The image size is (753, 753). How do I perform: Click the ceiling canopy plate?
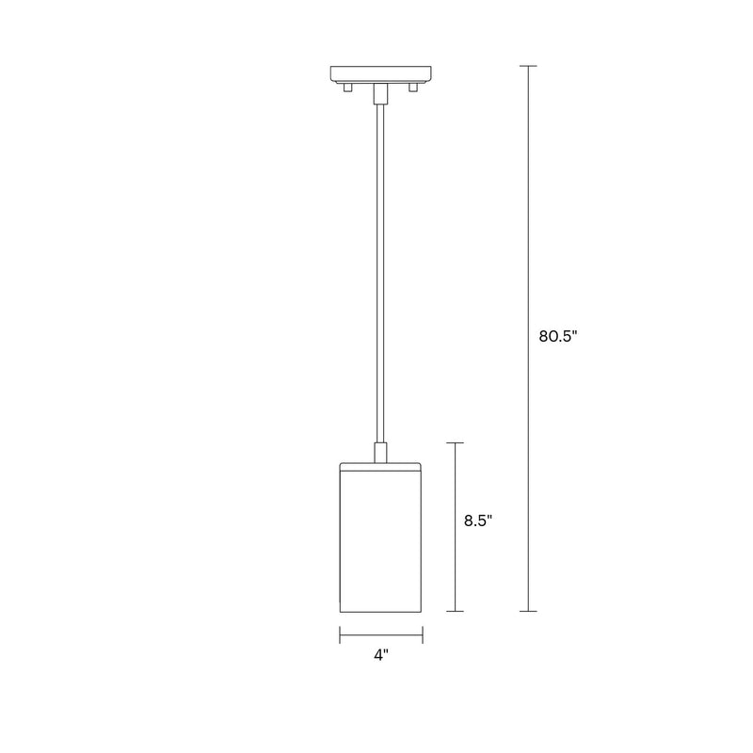click(380, 72)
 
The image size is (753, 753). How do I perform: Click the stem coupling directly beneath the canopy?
click(380, 92)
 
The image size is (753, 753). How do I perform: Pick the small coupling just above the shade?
click(380, 452)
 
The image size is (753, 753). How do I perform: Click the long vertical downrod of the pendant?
click(380, 273)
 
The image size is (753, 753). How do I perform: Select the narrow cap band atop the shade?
click(380, 465)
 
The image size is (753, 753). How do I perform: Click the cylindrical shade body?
click(380, 541)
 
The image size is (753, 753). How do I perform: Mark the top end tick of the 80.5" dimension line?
click(528, 66)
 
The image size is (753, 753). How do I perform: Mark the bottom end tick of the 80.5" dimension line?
click(528, 611)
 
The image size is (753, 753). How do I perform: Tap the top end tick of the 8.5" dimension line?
click(456, 442)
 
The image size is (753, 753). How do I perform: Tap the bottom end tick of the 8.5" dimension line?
click(456, 611)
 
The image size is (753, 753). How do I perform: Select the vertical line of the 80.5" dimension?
click(528, 235)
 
